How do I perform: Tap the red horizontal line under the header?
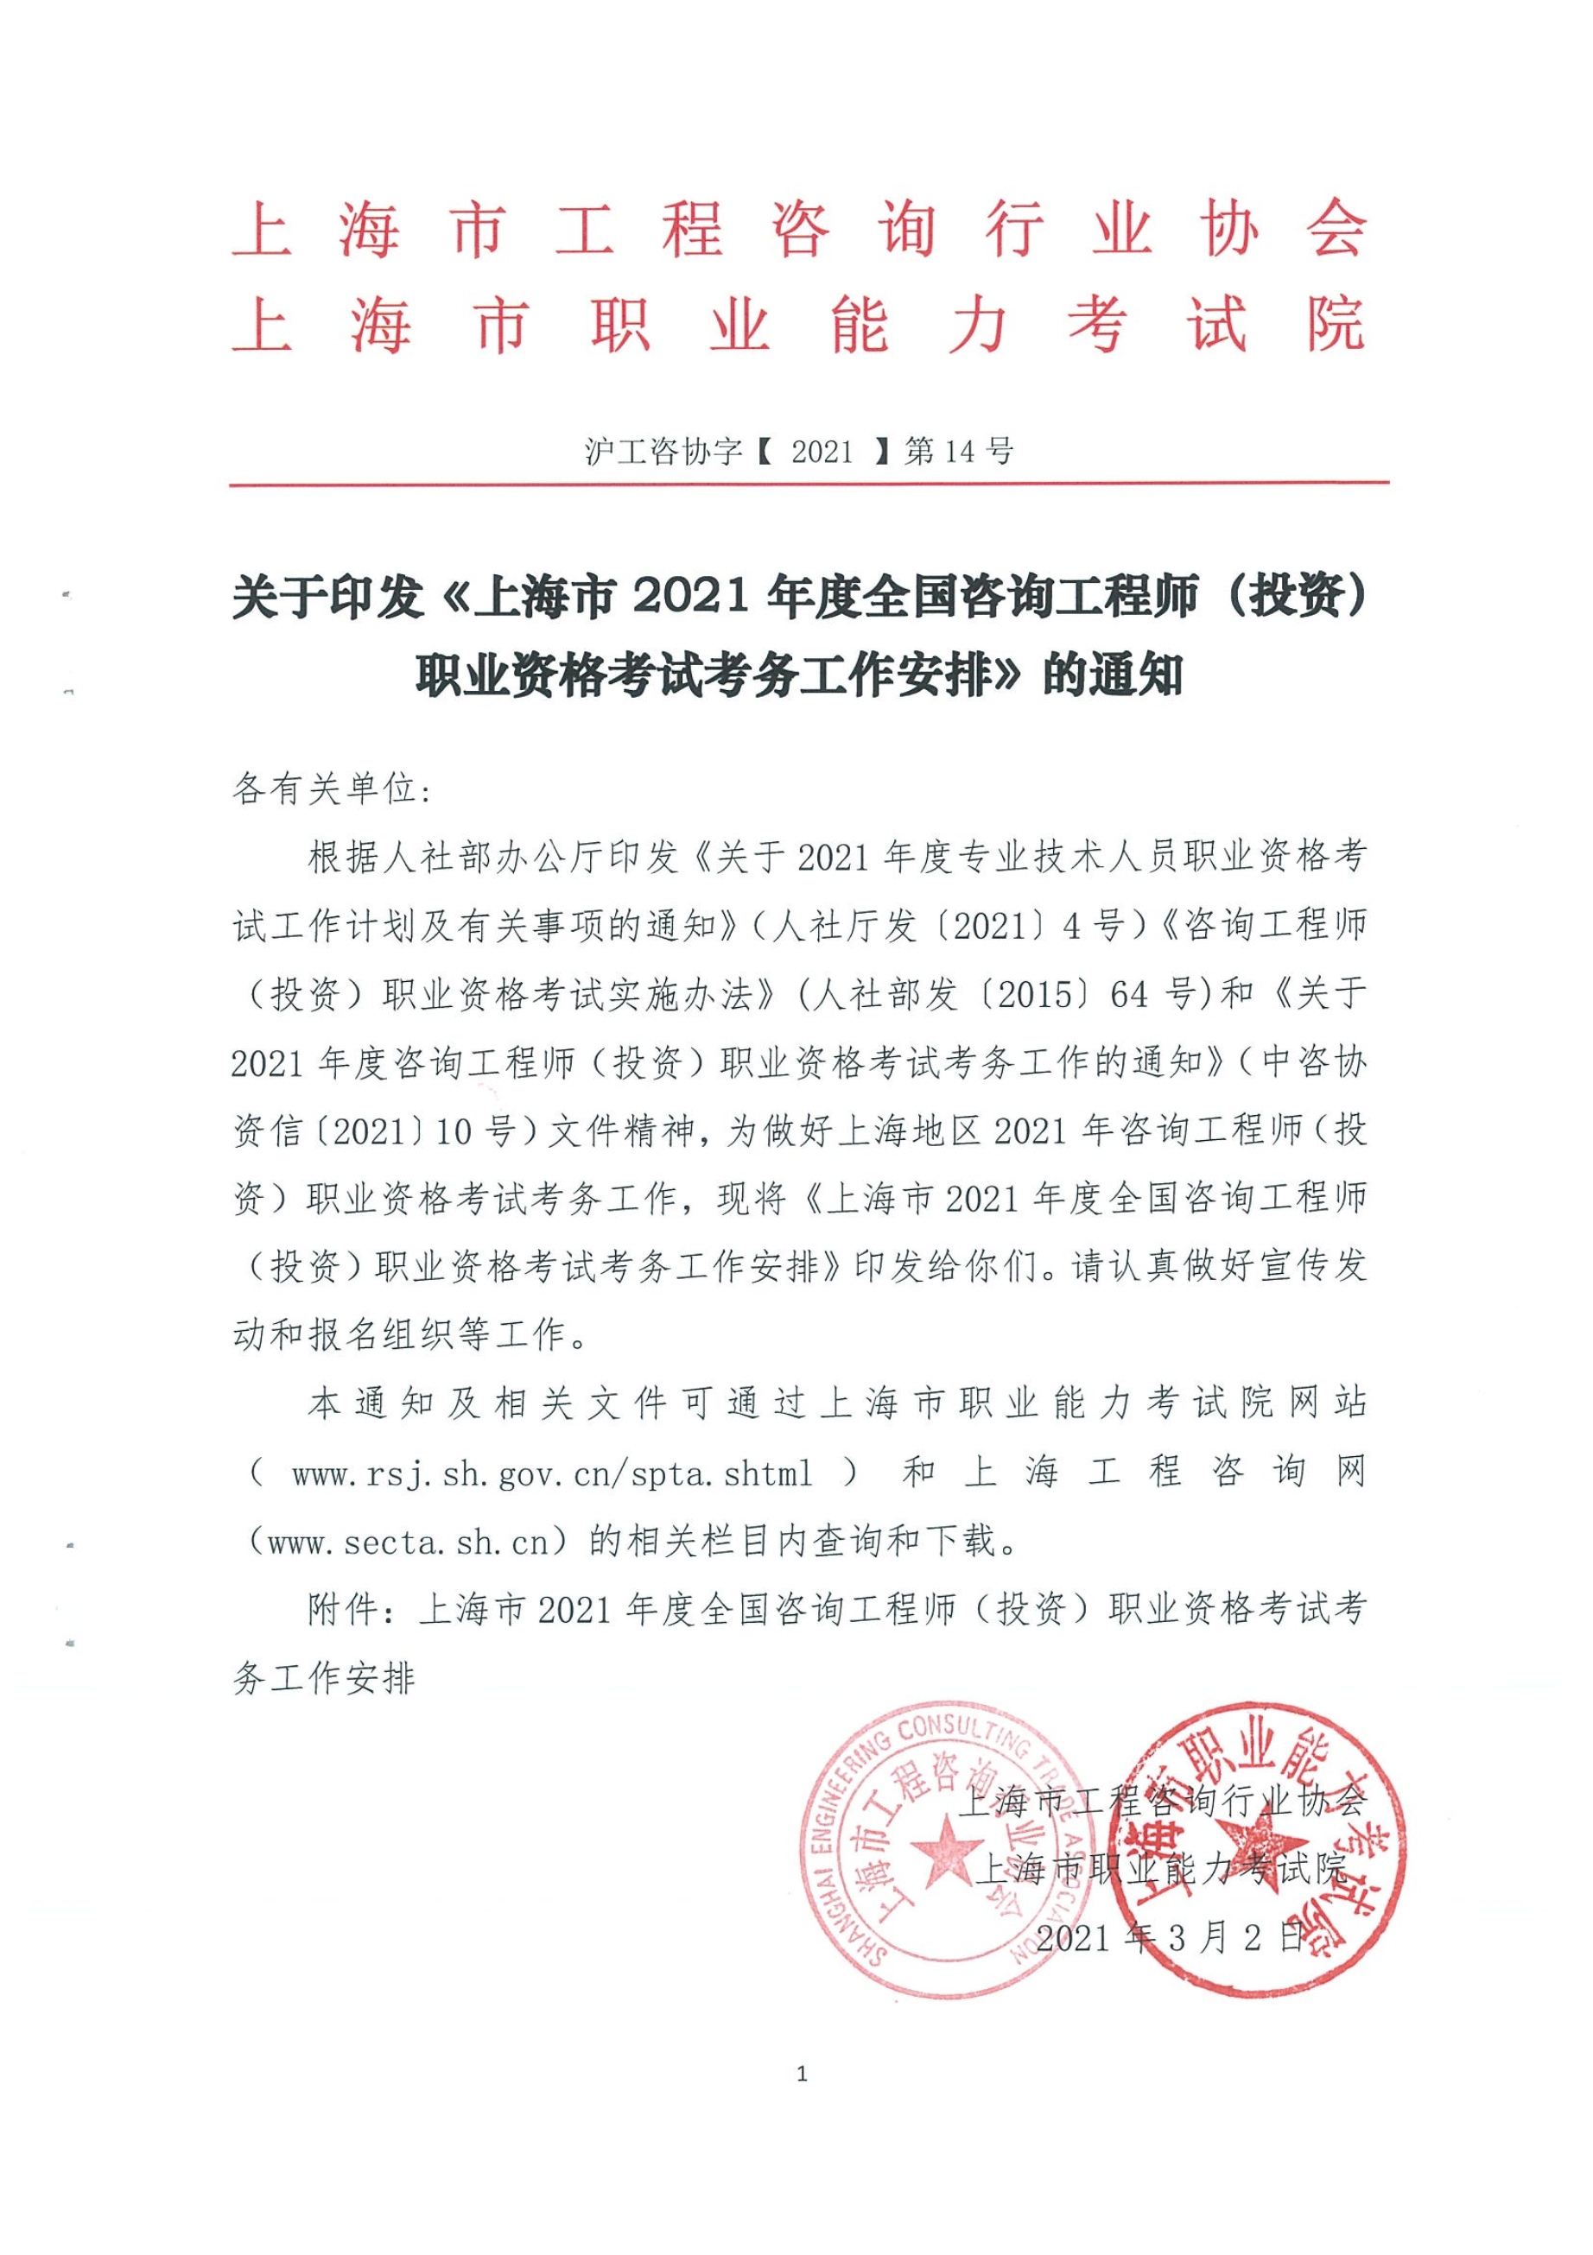pos(809,484)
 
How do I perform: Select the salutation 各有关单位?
pos(330,789)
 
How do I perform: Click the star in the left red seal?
pos(946,1849)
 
